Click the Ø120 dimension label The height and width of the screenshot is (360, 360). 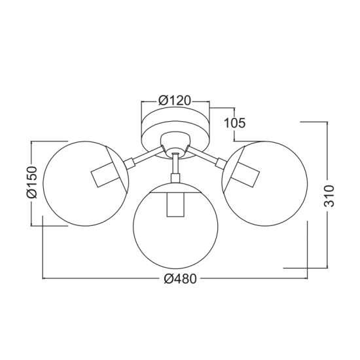(x=175, y=101)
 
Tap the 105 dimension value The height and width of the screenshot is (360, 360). (x=234, y=123)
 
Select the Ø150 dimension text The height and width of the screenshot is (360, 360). (x=31, y=183)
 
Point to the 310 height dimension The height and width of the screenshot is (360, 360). (x=329, y=196)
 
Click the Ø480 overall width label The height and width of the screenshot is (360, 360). (x=181, y=279)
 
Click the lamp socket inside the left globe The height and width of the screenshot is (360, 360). (x=106, y=175)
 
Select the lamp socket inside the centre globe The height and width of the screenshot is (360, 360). (x=175, y=204)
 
